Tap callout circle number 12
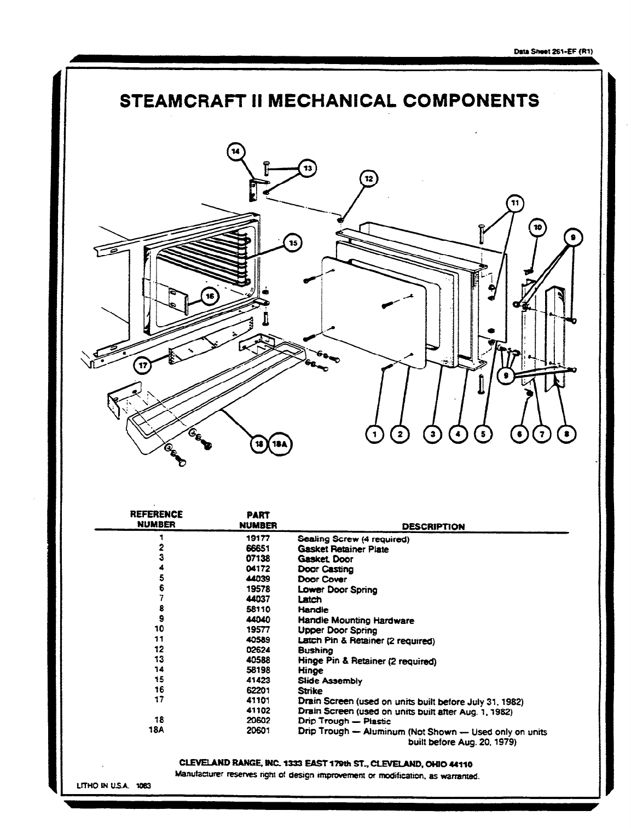[368, 178]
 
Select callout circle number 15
[293, 242]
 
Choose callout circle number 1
[375, 435]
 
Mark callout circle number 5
[483, 435]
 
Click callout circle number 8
[566, 435]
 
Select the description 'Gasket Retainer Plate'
[343, 549]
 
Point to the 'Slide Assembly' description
[329, 681]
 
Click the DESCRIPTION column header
[433, 526]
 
